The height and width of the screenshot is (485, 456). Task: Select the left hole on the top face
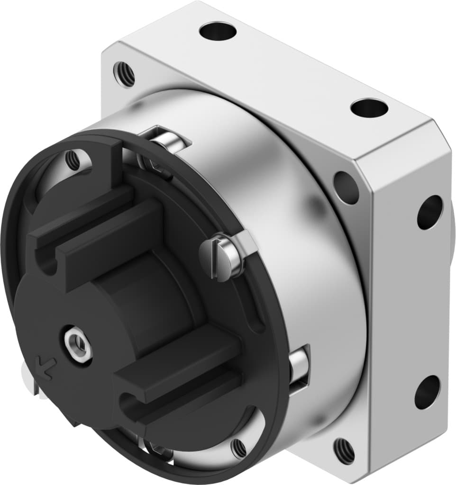coord(218,32)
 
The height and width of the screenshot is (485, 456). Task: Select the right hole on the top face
coord(369,108)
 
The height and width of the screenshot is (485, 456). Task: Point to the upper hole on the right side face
coord(429,212)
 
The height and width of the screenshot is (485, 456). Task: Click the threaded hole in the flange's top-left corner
coord(124,74)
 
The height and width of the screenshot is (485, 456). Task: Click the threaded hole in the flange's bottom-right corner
coord(344,450)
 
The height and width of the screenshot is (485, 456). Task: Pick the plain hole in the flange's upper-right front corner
coord(346,187)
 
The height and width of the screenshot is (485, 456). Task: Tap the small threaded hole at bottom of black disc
coord(238,448)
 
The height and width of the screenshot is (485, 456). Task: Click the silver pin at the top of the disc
coord(168,141)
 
